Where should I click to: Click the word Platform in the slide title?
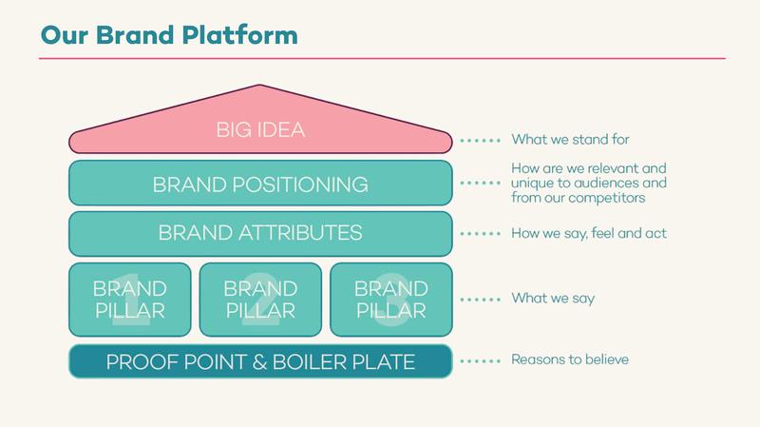[240, 35]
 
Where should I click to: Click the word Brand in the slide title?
[135, 35]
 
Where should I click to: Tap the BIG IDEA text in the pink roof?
[260, 129]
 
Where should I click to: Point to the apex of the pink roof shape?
[259, 85]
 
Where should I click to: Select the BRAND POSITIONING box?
[260, 183]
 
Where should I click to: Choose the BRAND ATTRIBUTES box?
[260, 233]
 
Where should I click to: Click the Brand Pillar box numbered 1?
[130, 300]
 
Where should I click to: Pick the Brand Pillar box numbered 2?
[260, 300]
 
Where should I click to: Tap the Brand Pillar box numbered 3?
[391, 300]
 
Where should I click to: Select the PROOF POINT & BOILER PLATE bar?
[260, 361]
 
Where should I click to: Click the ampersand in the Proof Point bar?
[259, 362]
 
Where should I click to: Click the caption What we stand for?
[571, 140]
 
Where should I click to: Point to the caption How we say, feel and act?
[589, 233]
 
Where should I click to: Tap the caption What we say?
[553, 299]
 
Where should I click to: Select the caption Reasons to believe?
[570, 359]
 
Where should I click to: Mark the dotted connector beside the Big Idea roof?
[480, 141]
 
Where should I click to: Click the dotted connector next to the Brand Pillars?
[480, 300]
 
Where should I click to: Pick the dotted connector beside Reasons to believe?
[480, 361]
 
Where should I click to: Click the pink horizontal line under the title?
[383, 59]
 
